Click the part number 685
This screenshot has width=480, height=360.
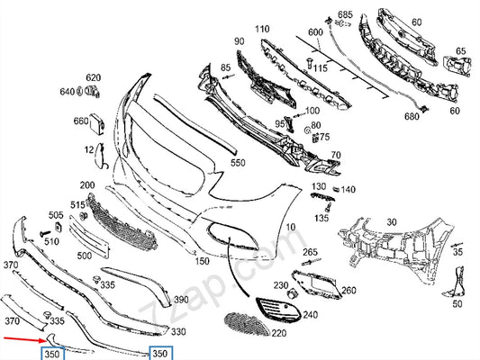[345, 14]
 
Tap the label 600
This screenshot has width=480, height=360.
[315, 32]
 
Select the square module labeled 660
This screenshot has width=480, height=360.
[97, 123]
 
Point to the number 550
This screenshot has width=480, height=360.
[238, 163]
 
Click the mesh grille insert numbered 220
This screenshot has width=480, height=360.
[247, 324]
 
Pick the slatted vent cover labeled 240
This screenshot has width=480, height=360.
[278, 310]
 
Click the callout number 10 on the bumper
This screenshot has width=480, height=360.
[291, 227]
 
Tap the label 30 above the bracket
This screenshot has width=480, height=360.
[392, 222]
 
